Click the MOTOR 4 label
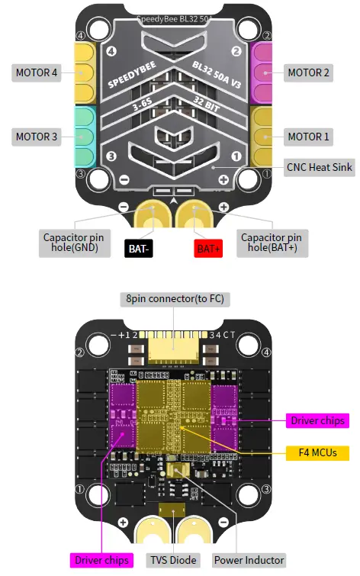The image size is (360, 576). point(36,73)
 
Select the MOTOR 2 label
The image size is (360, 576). point(308,73)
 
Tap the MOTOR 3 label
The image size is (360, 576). point(36,137)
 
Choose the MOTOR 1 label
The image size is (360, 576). point(308,137)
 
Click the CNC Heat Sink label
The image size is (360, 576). point(319,166)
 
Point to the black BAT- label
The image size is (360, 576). point(139,248)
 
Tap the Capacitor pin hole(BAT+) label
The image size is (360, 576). point(275,242)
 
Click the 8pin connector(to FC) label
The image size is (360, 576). point(175,298)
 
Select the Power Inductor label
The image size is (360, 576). point(249,560)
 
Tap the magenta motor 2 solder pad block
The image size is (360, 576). point(264,72)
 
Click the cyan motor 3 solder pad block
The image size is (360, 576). point(83,137)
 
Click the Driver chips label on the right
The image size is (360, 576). point(318,420)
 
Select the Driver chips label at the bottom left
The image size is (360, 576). point(103,560)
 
